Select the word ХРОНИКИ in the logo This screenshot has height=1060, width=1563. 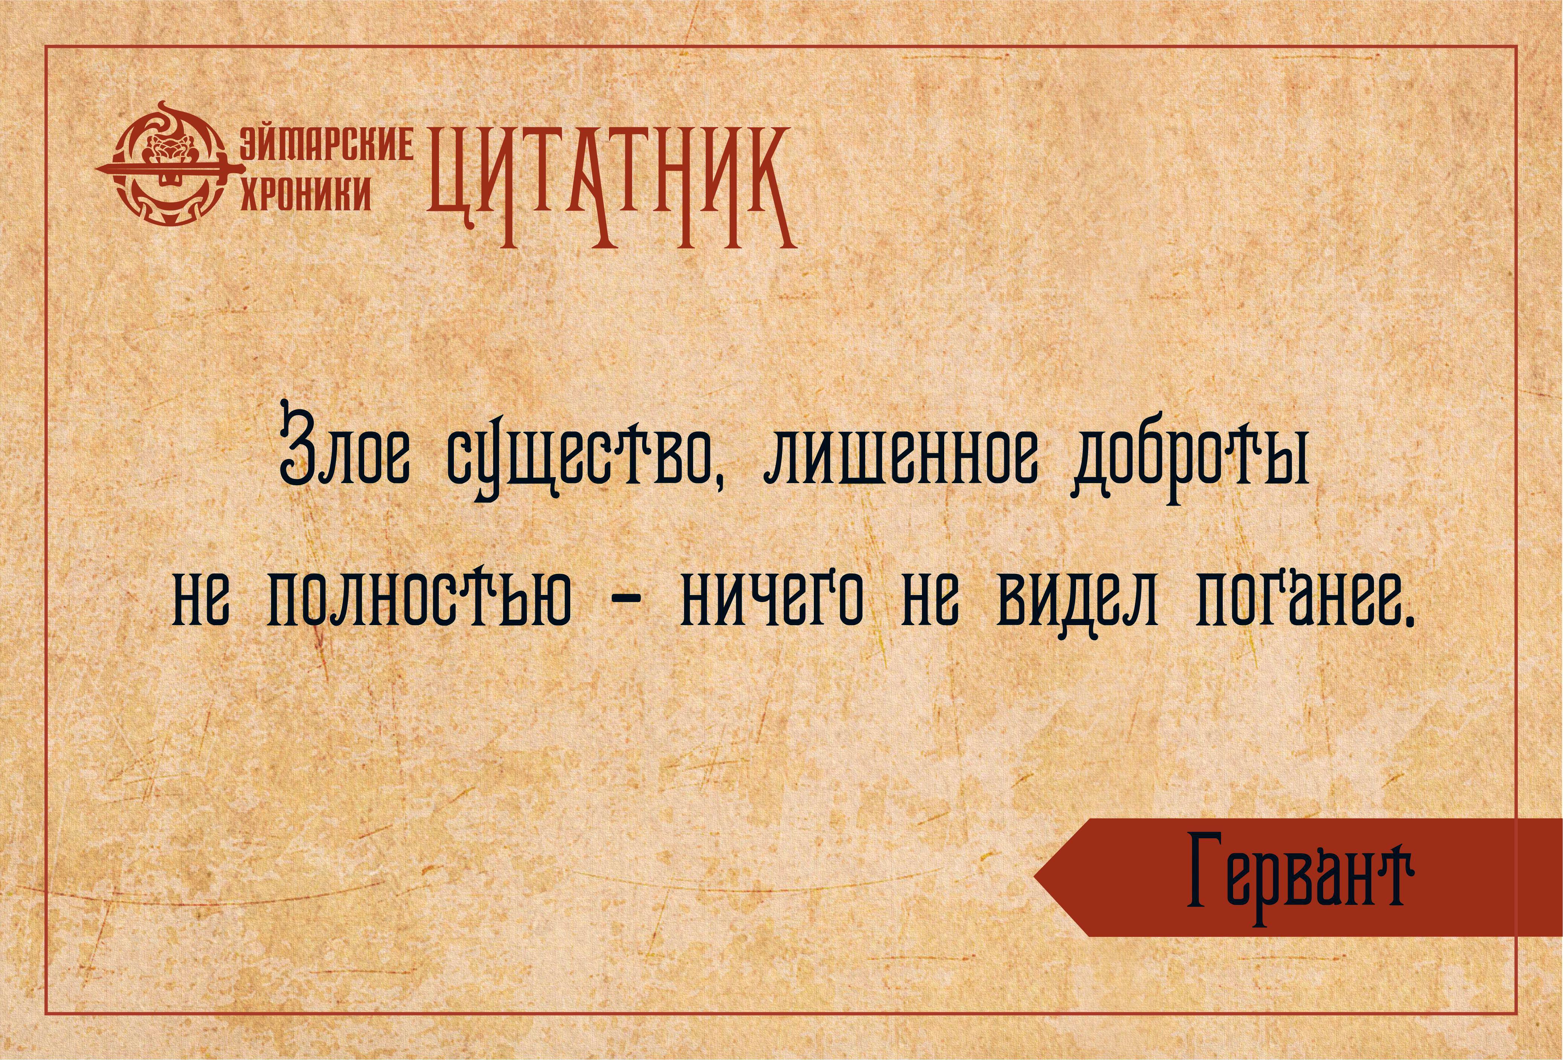[306, 193]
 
